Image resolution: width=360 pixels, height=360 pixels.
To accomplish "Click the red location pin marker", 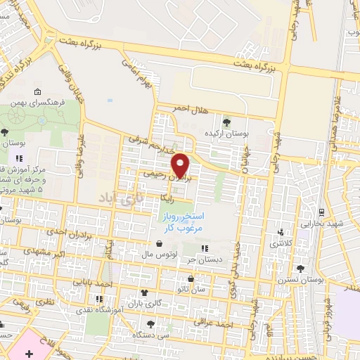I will coord(182,164).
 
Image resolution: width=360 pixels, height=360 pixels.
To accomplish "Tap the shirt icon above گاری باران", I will coord(145,292).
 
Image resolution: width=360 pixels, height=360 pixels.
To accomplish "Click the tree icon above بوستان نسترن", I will coord(302,269).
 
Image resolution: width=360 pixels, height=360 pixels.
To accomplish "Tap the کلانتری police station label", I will coord(282,243).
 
